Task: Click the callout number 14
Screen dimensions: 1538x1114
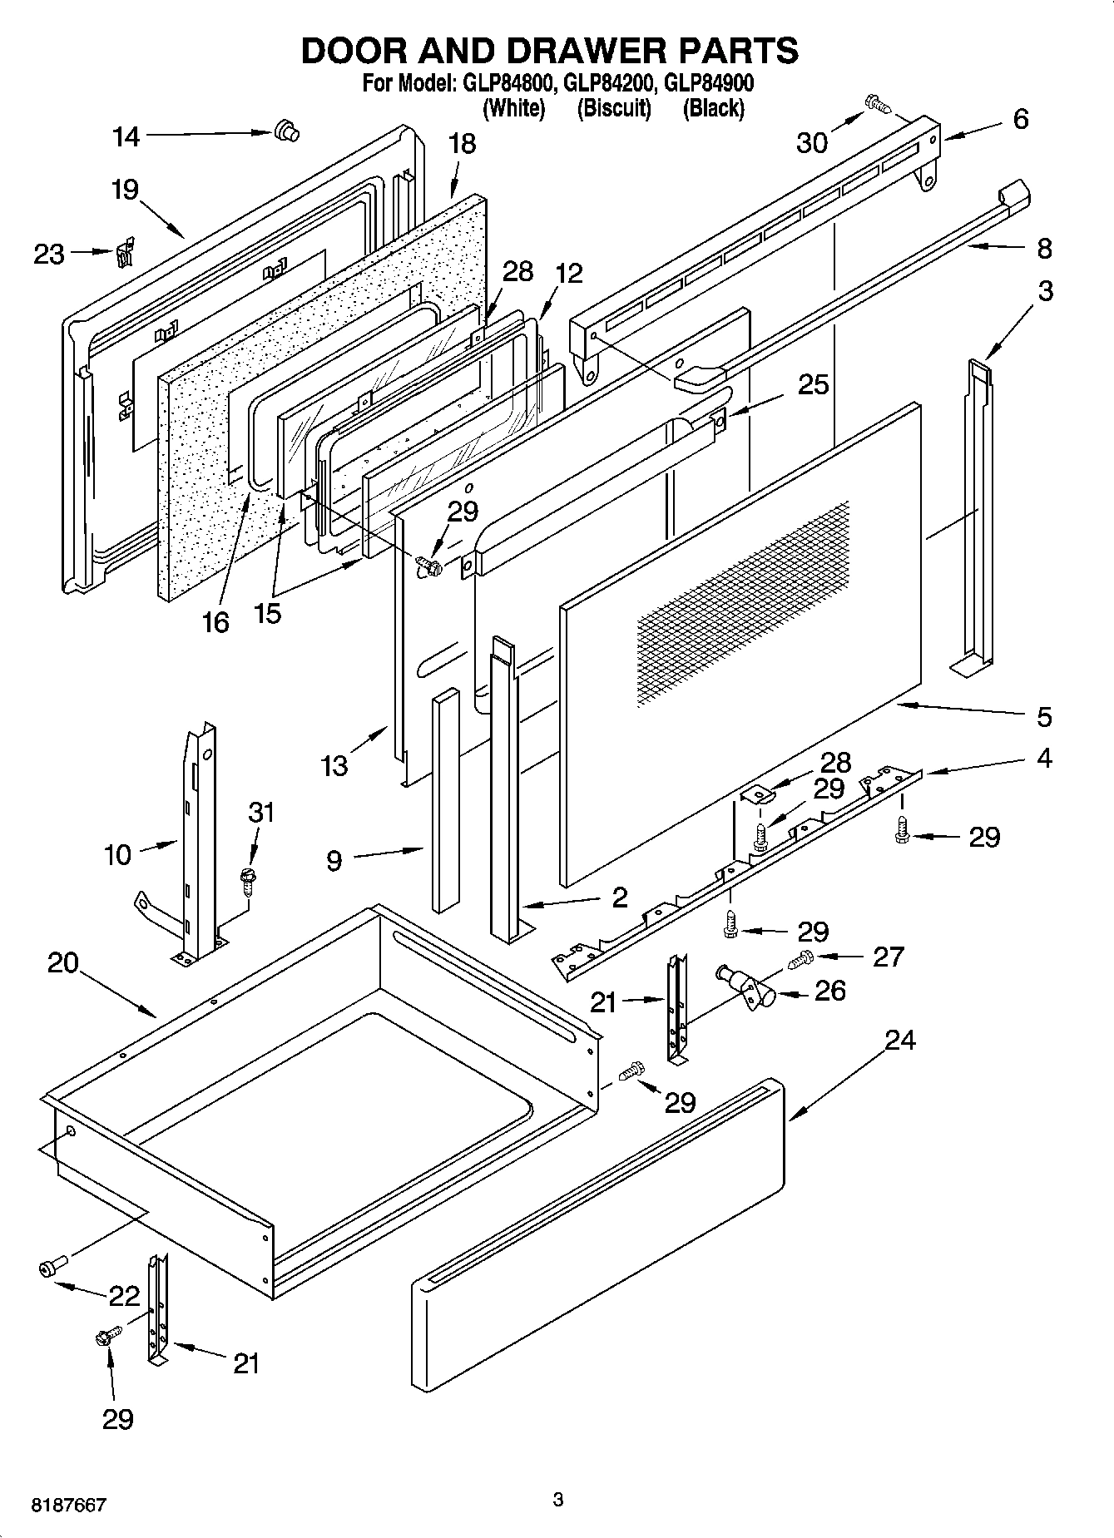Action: [x=126, y=136]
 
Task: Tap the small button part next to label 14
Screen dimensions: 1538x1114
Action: [x=286, y=131]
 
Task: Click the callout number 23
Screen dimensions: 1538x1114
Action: [x=49, y=254]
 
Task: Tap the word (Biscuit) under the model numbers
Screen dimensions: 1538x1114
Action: [x=614, y=108]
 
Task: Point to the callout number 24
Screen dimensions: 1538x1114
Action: [x=900, y=1040]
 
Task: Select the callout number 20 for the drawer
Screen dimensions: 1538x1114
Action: [x=62, y=963]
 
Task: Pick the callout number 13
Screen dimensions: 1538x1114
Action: [x=334, y=766]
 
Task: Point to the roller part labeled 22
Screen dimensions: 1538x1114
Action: [x=48, y=1267]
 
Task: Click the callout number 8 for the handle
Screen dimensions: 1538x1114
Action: [x=1044, y=248]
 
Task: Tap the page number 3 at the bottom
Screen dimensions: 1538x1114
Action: [x=558, y=1500]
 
